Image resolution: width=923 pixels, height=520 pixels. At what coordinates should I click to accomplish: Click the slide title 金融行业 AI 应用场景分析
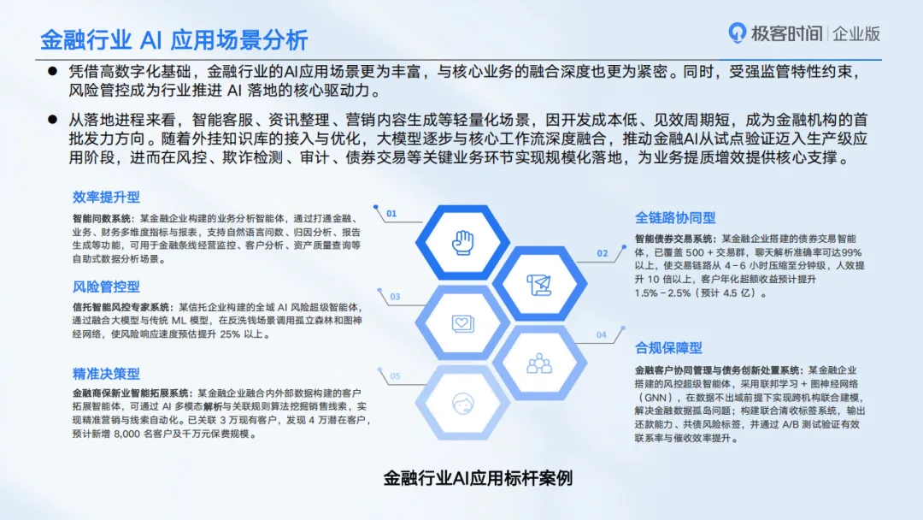point(173,40)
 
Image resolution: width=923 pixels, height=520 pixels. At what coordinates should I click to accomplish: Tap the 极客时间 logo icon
point(737,33)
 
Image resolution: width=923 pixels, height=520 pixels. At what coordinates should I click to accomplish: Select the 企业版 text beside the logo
point(856,34)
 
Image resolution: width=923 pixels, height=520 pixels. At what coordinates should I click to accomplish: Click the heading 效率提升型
point(106,197)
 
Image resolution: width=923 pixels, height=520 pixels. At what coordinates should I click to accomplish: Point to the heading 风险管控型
point(106,287)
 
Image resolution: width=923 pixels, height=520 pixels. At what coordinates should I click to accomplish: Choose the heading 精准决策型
point(106,374)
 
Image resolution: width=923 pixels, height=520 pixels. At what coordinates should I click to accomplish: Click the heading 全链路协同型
point(675,218)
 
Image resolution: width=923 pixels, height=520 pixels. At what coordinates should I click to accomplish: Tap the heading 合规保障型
point(668,348)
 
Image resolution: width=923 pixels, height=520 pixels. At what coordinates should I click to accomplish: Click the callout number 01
point(391,214)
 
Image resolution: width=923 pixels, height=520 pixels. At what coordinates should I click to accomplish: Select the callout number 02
point(603,253)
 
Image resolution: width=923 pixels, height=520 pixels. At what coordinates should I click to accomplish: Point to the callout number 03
point(395,297)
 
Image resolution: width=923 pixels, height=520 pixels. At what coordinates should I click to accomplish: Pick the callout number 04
point(601,334)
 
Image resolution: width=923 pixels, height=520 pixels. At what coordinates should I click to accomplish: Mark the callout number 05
point(395,375)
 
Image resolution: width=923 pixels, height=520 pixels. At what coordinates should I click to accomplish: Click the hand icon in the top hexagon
point(462,242)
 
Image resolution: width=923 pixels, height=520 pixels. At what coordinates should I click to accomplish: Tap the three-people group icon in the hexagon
point(539,363)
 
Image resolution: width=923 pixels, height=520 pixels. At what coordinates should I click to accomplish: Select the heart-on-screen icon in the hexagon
point(462,323)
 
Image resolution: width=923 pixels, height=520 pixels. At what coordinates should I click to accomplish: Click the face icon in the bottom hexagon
point(462,404)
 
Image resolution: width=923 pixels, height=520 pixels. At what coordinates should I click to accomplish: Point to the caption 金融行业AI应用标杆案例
point(478,478)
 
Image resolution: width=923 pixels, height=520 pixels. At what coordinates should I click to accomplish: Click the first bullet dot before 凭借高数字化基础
point(52,71)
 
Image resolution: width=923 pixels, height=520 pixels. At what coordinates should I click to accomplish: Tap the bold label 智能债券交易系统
point(675,239)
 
